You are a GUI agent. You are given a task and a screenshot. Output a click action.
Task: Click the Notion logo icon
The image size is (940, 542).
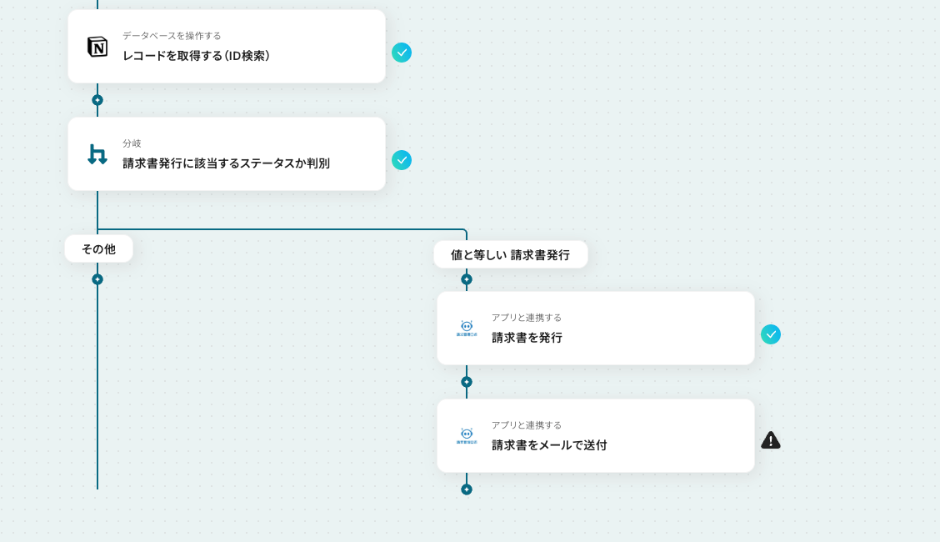(x=97, y=47)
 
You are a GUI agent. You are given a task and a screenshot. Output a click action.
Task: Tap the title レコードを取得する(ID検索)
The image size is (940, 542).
(x=197, y=56)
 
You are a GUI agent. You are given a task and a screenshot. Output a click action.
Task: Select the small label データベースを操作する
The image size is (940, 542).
(x=172, y=36)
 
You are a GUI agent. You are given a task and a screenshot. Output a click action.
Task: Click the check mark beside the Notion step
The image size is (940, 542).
(x=402, y=53)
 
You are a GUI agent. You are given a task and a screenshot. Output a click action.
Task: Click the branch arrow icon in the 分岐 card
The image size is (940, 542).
(x=97, y=154)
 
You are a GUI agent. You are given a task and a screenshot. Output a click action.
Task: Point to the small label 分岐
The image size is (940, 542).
(x=132, y=143)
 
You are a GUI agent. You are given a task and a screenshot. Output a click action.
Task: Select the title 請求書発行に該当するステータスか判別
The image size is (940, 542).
(x=226, y=163)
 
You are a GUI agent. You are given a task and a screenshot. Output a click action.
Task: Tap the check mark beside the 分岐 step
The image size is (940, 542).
(x=402, y=160)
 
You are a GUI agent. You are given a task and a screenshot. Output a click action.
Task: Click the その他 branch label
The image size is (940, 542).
(x=98, y=248)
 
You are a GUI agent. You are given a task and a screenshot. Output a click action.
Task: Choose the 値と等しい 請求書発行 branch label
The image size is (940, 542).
(x=510, y=254)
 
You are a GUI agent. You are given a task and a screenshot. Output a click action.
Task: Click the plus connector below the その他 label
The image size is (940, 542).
(x=97, y=279)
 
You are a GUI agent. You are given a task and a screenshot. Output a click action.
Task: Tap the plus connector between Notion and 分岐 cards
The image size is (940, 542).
(x=97, y=100)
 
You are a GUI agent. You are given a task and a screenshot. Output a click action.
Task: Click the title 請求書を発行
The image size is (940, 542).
(x=527, y=338)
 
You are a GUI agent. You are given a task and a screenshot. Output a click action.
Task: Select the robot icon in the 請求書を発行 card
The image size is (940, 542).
(x=467, y=328)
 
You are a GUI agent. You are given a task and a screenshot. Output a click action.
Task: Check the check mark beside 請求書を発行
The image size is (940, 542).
(x=771, y=334)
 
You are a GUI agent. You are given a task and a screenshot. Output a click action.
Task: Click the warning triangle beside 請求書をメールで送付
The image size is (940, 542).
(x=771, y=440)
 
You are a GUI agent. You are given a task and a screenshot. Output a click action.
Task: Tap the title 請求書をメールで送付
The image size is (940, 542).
(x=549, y=445)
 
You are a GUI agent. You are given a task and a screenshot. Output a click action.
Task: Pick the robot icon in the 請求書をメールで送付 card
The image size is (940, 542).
(x=467, y=435)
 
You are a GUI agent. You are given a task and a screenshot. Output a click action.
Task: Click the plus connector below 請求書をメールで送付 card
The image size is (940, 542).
(x=467, y=489)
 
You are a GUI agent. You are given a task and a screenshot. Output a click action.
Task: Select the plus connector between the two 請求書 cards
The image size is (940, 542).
(x=467, y=382)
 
